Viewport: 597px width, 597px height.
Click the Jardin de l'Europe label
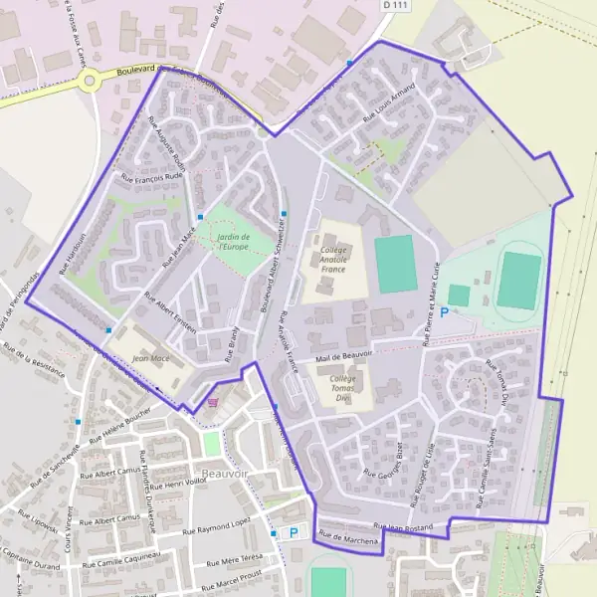pos(232,242)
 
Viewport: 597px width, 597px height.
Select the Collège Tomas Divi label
pos(341,388)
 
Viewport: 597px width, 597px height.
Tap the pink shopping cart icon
pos(213,403)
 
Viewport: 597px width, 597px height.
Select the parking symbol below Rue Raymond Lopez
pos(294,532)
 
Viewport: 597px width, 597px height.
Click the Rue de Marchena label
pos(349,539)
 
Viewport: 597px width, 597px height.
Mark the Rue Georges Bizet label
pos(382,459)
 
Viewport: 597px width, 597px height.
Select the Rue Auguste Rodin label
pos(167,142)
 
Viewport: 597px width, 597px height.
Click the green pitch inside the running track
pos(518,280)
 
